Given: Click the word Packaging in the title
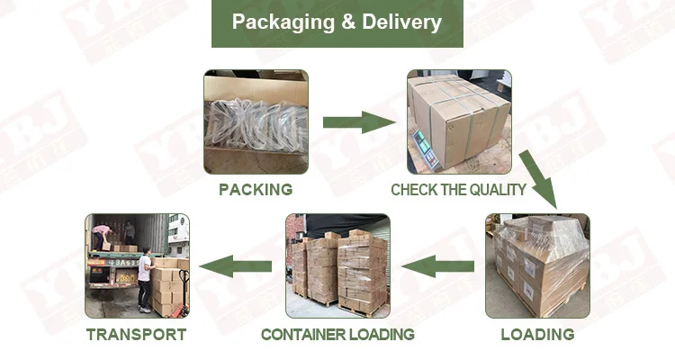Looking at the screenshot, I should coord(280,22).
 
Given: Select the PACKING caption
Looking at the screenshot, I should coord(256,190).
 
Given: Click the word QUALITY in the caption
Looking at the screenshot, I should coord(494,190).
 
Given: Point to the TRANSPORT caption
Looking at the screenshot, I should coord(137,335).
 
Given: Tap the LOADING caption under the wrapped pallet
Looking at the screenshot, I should coord(537,335).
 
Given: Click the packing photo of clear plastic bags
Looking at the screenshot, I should coord(256,121).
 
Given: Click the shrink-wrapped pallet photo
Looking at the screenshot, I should coord(537,265).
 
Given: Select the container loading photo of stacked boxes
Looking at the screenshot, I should coord(337,265).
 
